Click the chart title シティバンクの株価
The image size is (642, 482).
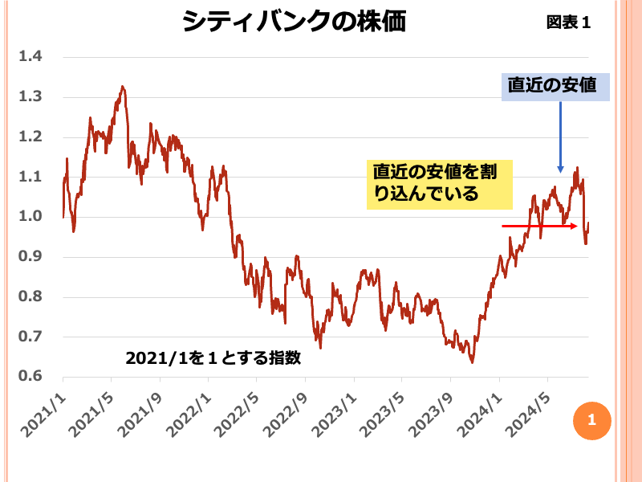(x=293, y=22)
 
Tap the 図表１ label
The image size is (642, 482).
(x=568, y=22)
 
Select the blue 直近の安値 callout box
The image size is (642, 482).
(x=556, y=86)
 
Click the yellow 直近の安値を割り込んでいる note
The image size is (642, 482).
(x=439, y=183)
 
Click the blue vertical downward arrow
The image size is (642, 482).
(x=560, y=137)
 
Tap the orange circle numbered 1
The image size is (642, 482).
(x=592, y=419)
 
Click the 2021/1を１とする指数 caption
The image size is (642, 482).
(x=213, y=358)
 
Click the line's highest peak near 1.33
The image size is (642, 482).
(x=122, y=87)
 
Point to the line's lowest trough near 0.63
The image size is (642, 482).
(x=472, y=362)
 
